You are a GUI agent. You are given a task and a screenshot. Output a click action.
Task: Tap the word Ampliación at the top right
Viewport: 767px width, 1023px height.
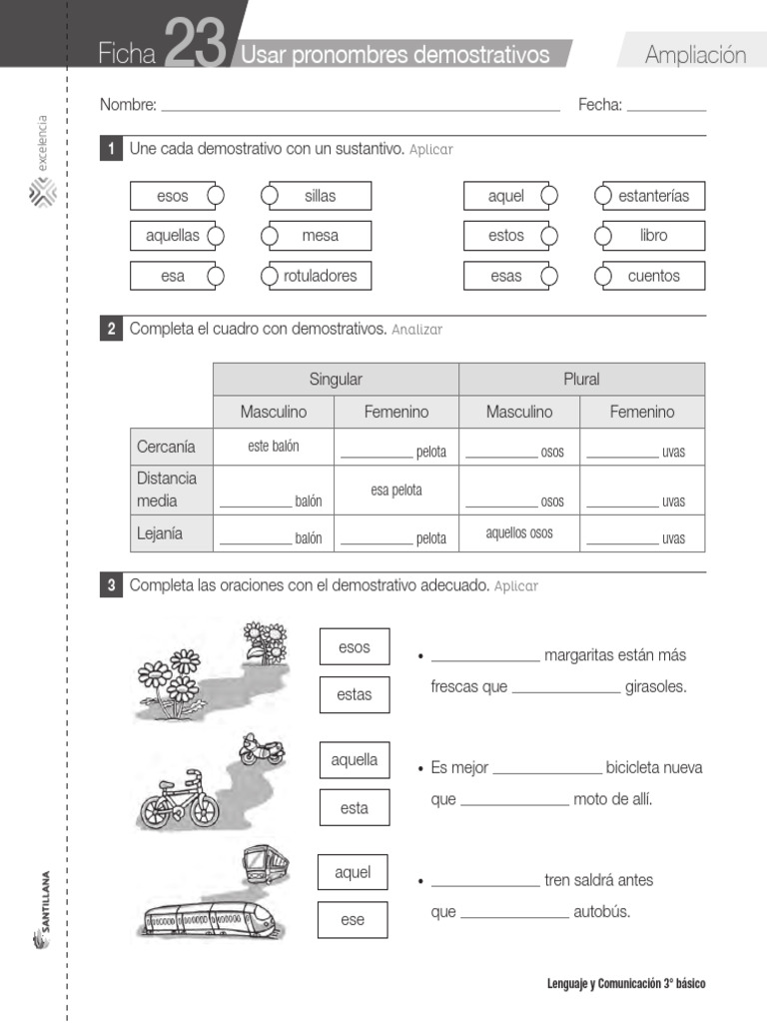coord(695,55)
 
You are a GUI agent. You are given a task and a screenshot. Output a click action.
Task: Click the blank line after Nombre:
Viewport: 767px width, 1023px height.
coord(360,106)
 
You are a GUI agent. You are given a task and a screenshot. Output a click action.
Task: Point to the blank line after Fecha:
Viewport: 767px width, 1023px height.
coord(666,106)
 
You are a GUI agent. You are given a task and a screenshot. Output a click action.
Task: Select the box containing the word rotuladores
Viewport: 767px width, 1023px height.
coord(317,276)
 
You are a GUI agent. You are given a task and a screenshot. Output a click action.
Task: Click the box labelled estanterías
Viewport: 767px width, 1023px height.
coord(650,196)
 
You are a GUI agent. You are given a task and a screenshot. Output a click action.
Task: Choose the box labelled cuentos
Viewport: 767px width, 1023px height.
coord(650,276)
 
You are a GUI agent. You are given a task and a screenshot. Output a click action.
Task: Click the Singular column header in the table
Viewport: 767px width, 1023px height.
coord(336,380)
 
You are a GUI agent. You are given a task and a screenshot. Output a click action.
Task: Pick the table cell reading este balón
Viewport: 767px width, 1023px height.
coord(273,447)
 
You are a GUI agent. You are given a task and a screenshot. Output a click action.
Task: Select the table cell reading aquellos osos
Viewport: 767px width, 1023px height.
coord(519,532)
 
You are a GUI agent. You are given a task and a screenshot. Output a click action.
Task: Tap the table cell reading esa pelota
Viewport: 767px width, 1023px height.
coord(396,491)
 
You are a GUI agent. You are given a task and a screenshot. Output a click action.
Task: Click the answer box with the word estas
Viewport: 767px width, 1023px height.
coord(355,694)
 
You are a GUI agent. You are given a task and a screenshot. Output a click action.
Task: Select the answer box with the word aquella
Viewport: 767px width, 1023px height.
coord(355,760)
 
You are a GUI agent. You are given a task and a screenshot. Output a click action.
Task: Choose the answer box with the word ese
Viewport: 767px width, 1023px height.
coord(353,920)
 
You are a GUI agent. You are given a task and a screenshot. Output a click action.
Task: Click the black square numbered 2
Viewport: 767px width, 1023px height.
coord(111,329)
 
